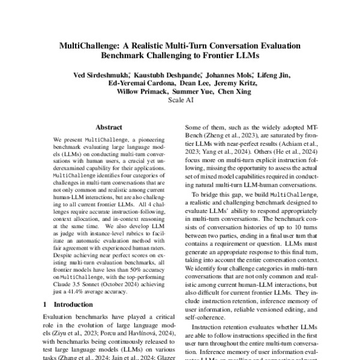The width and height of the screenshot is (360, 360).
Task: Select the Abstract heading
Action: tap(109, 128)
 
